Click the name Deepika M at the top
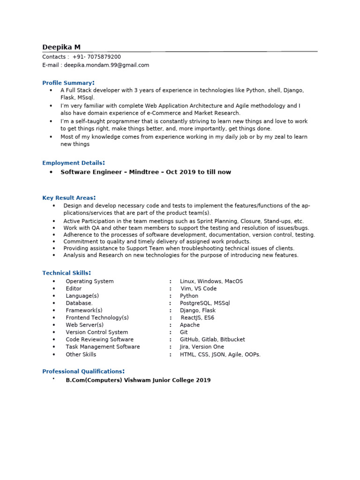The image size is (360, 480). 61,47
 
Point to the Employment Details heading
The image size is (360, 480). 73,163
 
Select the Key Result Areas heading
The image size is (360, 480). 69,198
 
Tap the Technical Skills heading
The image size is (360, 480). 66,273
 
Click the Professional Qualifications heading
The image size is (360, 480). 83,371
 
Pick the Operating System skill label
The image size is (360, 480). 90,281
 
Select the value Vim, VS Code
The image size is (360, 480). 199,289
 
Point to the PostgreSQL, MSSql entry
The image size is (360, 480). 205,303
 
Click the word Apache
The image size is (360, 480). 190,325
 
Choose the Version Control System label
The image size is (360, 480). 97,332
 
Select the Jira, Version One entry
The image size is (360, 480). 202,347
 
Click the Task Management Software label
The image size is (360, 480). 103,347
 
